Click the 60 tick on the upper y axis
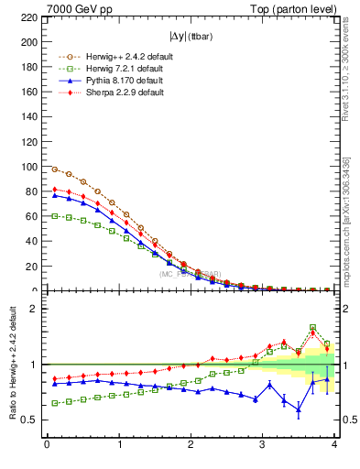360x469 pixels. coord(32,216)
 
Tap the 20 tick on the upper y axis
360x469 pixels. coord(32,267)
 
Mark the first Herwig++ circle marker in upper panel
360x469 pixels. coord(55,169)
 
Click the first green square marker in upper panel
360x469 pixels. coord(55,216)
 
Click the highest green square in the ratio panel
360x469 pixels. coord(313,327)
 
